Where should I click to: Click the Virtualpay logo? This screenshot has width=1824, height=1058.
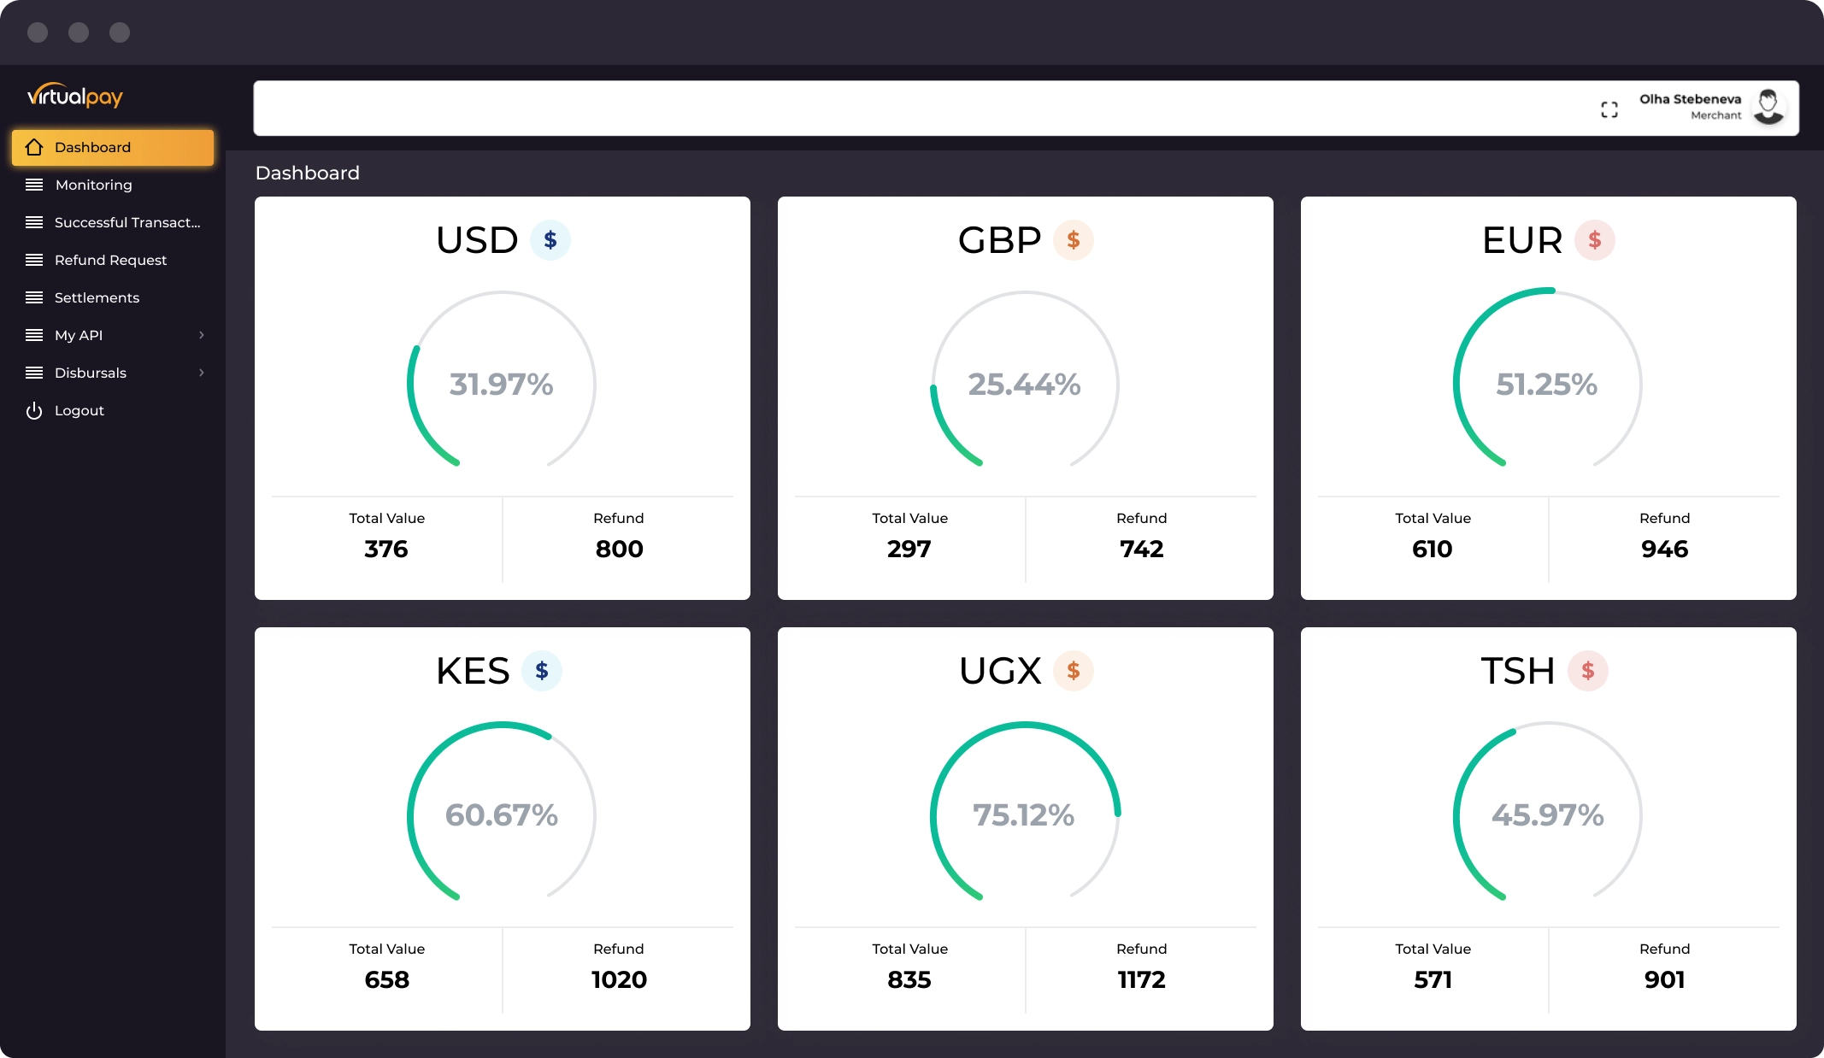[x=75, y=96]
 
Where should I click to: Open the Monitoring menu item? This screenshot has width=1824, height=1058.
[x=93, y=185]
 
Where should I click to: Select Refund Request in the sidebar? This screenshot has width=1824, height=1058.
[x=110, y=260]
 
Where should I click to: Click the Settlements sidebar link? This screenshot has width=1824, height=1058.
[x=97, y=297]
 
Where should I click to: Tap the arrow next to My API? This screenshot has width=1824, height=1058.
[x=202, y=335]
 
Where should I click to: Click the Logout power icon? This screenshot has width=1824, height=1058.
[x=34, y=411]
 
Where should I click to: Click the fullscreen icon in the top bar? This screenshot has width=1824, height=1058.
[x=1609, y=109]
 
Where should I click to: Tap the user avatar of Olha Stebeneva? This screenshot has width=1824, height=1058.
[x=1768, y=107]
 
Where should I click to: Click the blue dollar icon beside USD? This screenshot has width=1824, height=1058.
[x=550, y=240]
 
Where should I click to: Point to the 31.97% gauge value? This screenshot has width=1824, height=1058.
[x=502, y=385]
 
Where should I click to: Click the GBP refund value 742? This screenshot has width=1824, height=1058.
[x=1141, y=549]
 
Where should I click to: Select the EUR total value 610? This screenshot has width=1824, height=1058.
[x=1433, y=549]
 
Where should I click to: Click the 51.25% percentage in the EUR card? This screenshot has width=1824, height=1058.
[x=1546, y=385]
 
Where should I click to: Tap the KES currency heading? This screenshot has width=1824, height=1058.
[x=473, y=671]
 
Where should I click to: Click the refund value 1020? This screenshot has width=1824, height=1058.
[x=619, y=979]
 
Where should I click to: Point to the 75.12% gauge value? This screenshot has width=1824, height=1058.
[x=1024, y=815]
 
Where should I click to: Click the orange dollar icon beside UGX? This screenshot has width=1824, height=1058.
[x=1074, y=671]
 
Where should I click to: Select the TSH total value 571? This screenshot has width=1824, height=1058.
[x=1433, y=979]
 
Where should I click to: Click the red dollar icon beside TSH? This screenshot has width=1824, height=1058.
[x=1588, y=671]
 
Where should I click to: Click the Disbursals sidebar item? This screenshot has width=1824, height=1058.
[x=91, y=373]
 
